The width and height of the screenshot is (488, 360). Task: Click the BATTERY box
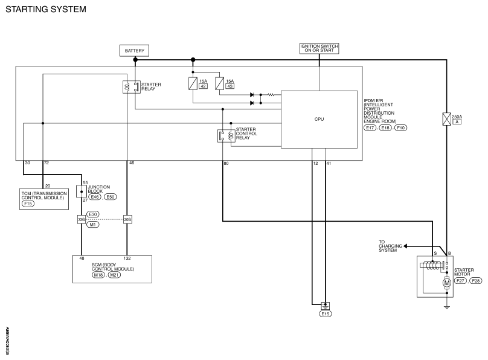134,50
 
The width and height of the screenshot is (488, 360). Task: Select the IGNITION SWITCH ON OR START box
319,48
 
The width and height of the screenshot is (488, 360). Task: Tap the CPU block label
319,119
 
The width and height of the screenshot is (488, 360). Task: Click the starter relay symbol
131,87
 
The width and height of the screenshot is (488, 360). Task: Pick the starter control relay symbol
226,136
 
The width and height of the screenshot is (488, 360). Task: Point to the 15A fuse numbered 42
193,83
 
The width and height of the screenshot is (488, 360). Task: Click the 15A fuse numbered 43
219,83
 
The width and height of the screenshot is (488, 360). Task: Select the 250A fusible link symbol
446,119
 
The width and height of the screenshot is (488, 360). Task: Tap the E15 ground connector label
325,314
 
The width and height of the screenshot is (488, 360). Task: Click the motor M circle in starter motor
446,283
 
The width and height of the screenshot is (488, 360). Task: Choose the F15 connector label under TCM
28,204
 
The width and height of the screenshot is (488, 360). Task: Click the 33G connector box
81,220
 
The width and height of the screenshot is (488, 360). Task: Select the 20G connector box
127,220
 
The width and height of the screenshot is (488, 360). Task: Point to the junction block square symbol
82,191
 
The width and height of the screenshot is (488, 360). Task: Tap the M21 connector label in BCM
114,275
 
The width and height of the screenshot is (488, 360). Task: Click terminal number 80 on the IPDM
226,163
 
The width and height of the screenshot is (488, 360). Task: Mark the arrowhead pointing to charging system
405,246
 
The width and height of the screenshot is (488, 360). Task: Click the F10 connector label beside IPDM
401,127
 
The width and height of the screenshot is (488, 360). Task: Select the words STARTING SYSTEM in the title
46,9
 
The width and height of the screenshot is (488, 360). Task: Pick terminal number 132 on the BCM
127,259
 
